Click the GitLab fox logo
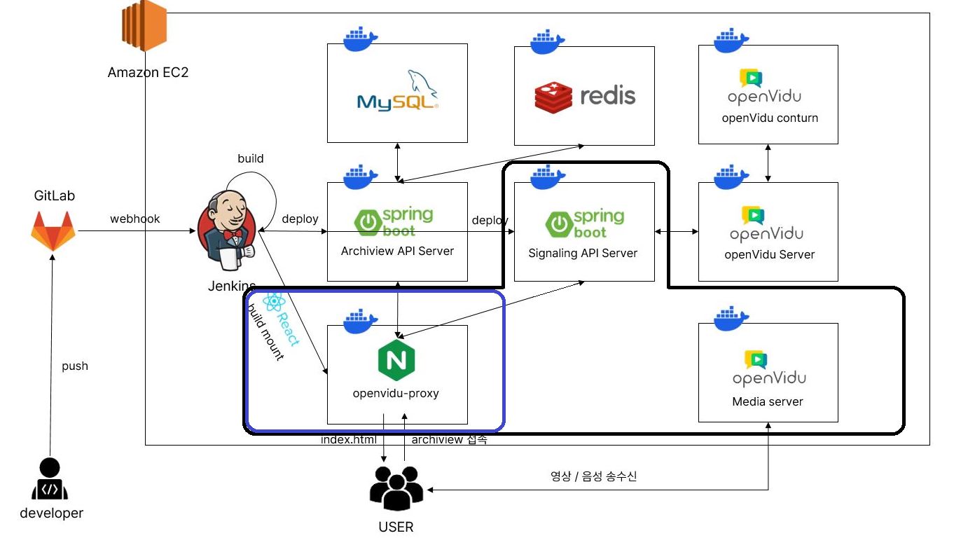point(53,232)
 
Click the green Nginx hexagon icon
point(396,359)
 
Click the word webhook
point(134,219)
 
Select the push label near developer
point(75,366)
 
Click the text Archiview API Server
point(397,251)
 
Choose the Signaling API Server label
point(583,253)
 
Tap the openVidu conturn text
point(770,118)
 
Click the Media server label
point(768,401)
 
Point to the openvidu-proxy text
point(396,393)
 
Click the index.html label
point(348,440)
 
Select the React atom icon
point(272,302)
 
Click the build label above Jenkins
point(250,158)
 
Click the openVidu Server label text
point(769,254)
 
